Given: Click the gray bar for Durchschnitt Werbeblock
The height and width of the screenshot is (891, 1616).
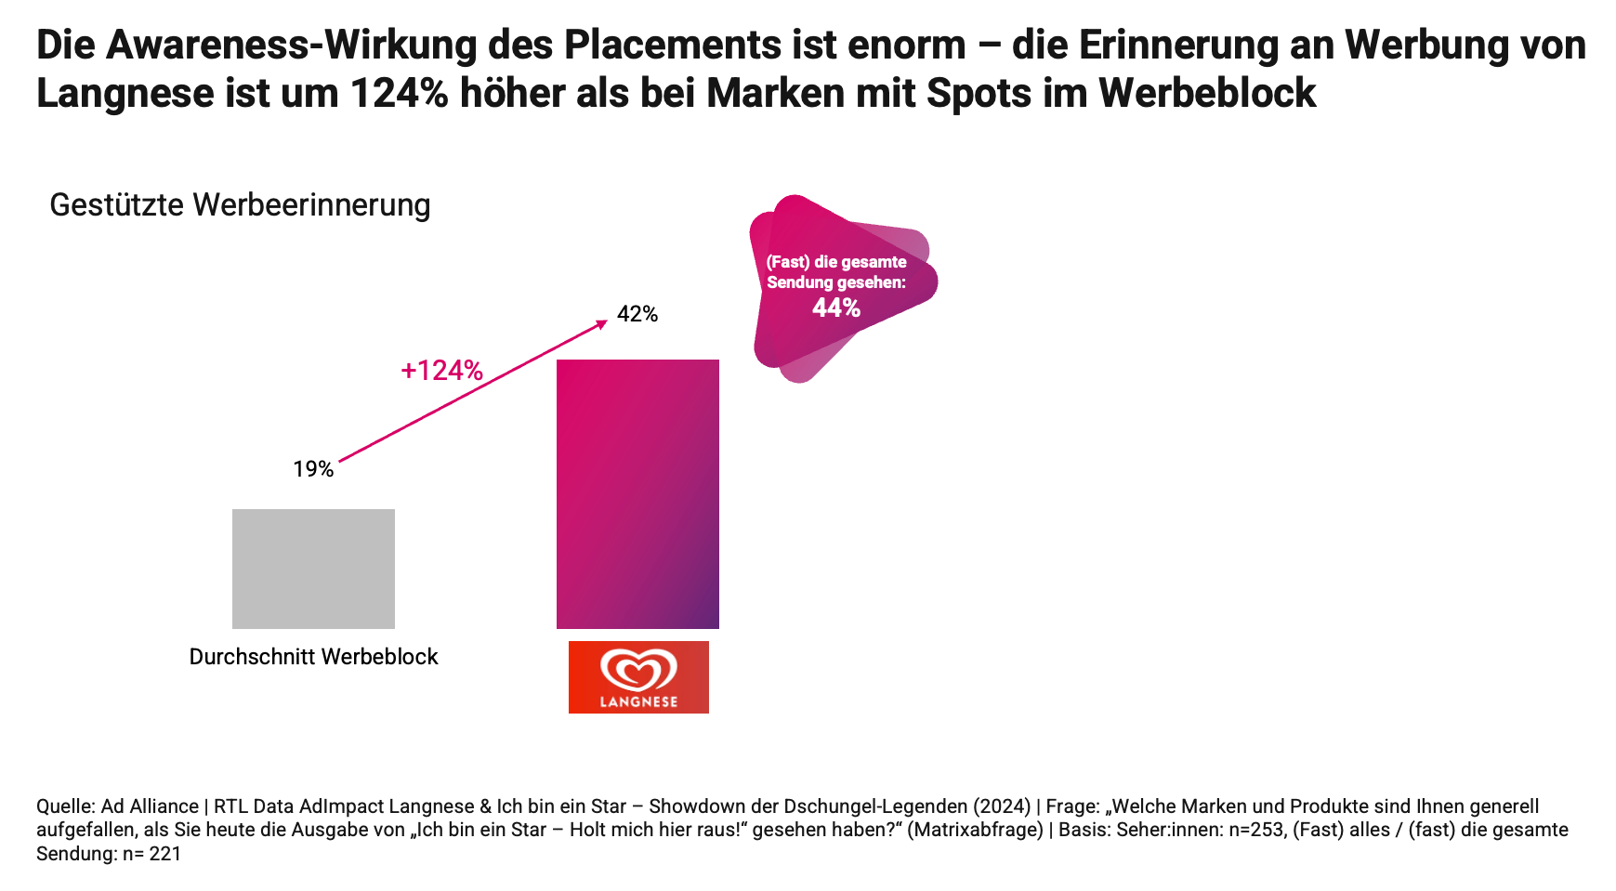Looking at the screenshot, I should (313, 569).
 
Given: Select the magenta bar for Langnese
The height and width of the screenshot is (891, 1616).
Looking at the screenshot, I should (637, 493).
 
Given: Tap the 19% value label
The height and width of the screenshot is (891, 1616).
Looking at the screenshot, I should (313, 469).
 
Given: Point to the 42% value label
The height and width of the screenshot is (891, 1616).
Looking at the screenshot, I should (637, 314).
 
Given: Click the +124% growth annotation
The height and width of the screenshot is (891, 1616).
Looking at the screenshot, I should (441, 371).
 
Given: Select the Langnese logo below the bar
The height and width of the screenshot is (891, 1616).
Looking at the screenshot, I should (638, 677).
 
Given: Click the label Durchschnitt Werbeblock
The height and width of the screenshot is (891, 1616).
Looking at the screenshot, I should (313, 657).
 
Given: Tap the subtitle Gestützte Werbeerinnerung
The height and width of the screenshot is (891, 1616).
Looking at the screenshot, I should (240, 204).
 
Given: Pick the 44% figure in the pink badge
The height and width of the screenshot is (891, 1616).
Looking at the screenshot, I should (836, 308).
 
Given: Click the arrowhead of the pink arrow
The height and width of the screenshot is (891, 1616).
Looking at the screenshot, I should (602, 322).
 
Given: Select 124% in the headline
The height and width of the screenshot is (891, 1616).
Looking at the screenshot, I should (400, 93).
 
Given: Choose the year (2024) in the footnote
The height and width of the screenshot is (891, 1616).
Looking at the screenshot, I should (1002, 806).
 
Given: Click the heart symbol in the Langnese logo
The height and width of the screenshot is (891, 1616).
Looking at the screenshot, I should (638, 669).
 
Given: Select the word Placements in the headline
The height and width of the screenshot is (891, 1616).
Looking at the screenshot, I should (672, 45).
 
